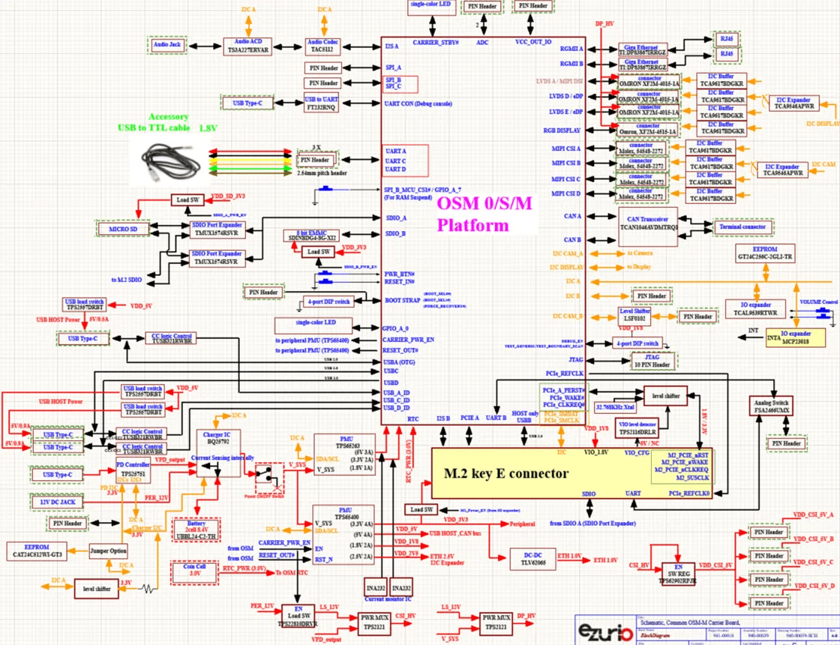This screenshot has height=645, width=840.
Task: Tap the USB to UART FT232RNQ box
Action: point(321,103)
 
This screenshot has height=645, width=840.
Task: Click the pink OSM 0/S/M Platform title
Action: point(473,214)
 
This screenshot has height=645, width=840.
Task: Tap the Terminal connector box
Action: point(742,226)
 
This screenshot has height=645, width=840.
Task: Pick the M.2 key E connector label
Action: point(507,474)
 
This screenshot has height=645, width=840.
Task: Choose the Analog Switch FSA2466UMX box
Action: point(771,407)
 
